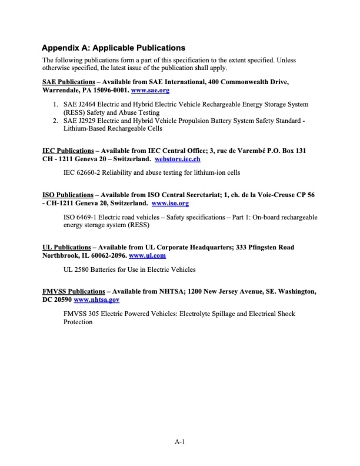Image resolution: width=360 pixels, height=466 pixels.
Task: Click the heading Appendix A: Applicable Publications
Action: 114,48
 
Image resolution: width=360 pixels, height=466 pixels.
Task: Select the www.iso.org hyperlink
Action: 170,203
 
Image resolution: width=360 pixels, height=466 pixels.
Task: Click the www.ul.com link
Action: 147,255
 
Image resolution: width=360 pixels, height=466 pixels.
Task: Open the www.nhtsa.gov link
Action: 96,299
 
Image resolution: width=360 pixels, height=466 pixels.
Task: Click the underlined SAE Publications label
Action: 68,82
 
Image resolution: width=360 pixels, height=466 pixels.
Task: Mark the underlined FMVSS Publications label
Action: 74,291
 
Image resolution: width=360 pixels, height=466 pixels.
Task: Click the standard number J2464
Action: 90,104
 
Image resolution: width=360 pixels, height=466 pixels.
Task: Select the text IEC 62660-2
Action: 84,172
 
